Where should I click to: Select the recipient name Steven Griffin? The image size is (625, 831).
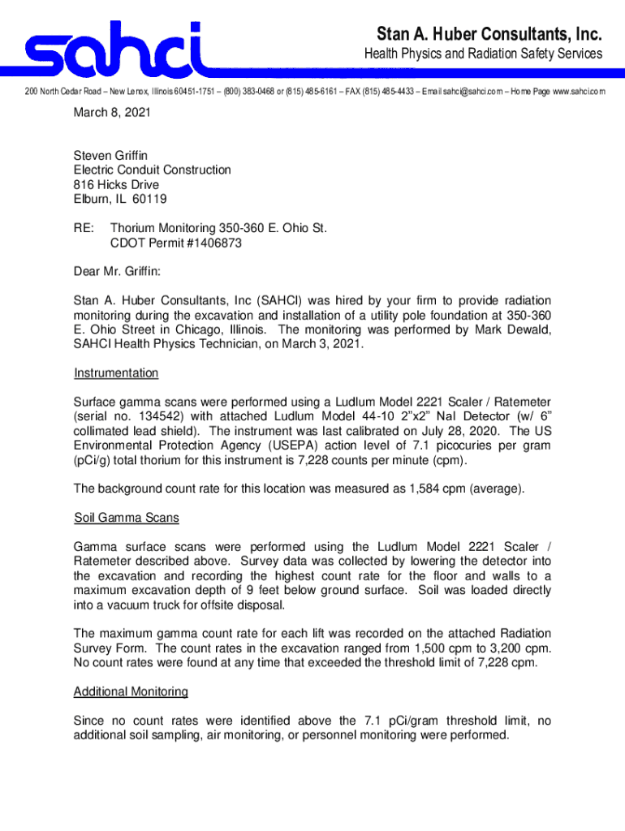[x=111, y=155]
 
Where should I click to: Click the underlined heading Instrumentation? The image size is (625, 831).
[x=116, y=373]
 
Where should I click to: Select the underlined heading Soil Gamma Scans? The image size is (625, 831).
[x=126, y=517]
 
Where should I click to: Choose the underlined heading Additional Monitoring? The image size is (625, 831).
[x=131, y=691]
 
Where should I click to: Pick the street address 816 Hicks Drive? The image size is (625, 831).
[x=116, y=184]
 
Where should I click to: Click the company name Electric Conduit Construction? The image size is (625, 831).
[x=152, y=170]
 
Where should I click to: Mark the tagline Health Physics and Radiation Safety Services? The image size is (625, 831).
[x=482, y=54]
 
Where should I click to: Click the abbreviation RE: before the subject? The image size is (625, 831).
[x=84, y=228]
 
